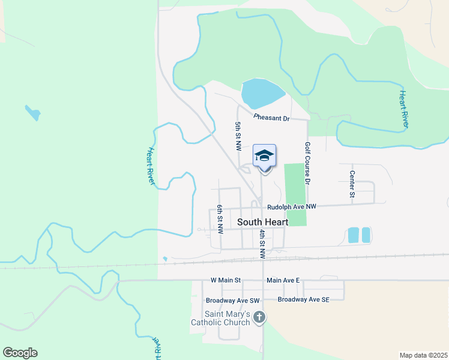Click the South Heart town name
click(x=262, y=222)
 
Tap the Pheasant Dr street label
click(x=271, y=118)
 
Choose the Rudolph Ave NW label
click(x=291, y=207)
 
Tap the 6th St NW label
click(x=220, y=218)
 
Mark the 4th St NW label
click(x=262, y=244)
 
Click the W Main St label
click(x=225, y=280)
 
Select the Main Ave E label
click(x=282, y=280)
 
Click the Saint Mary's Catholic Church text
click(x=220, y=318)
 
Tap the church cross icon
click(x=259, y=317)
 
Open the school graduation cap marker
click(x=264, y=157)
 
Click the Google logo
click(x=20, y=353)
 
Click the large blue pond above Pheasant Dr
click(x=262, y=93)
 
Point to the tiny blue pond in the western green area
click(x=32, y=112)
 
